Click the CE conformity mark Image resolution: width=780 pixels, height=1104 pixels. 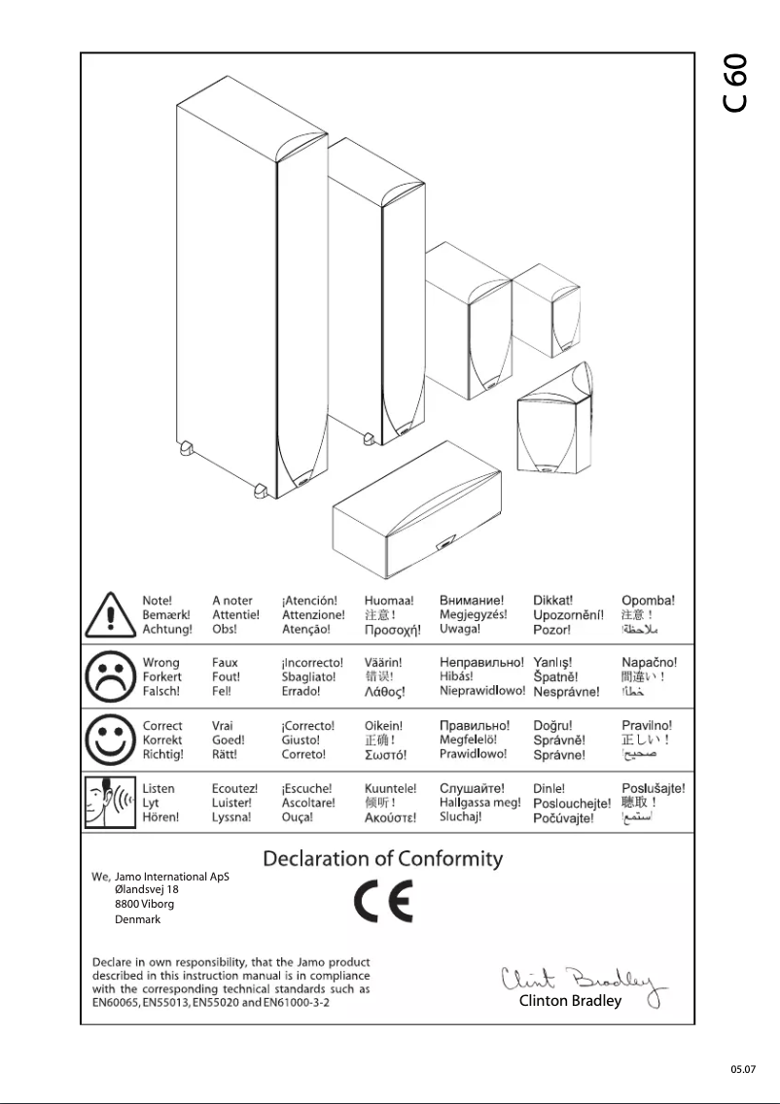tap(382, 902)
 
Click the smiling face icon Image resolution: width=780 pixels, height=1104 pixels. tap(109, 740)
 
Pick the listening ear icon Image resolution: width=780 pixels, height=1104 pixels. tap(109, 803)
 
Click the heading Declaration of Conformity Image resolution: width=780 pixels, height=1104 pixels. tap(383, 859)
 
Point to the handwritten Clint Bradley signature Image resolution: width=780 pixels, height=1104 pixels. tap(580, 980)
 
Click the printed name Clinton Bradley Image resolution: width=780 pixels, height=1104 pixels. tap(570, 1001)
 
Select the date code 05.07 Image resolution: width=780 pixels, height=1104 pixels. tap(743, 1069)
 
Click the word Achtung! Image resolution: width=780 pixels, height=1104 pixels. tap(167, 630)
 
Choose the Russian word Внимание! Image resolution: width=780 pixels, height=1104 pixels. tap(472, 601)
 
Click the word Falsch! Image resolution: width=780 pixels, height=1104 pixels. tap(161, 692)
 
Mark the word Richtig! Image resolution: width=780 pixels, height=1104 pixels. tap(163, 754)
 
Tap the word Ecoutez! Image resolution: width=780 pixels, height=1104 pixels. tap(234, 788)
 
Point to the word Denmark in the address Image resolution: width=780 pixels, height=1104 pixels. tap(137, 919)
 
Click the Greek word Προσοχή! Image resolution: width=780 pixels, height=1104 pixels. tap(392, 631)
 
